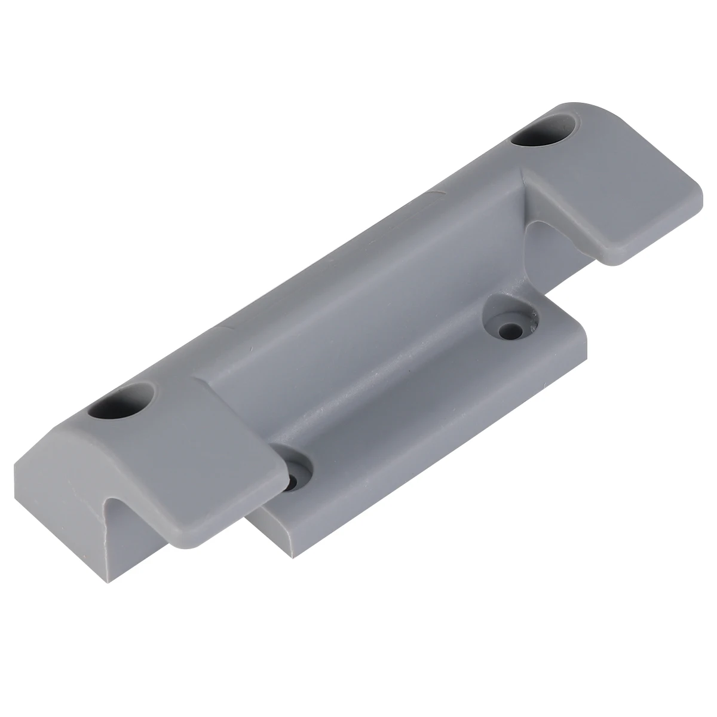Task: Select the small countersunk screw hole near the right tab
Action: (510, 328)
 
